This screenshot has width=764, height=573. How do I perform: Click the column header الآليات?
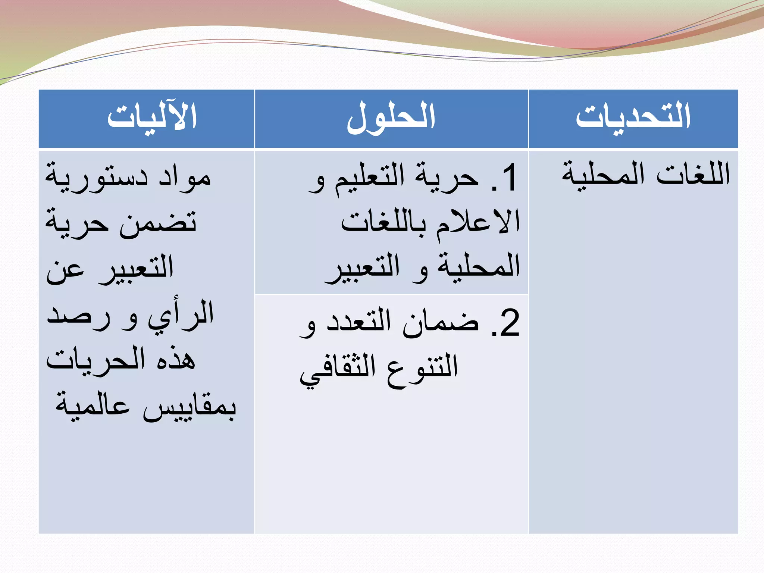coord(152,117)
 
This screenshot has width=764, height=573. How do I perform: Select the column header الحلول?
coord(391,117)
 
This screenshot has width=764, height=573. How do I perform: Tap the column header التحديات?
coord(633,117)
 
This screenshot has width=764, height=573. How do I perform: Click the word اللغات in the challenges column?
coord(693,175)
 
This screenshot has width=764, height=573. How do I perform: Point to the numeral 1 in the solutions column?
coord(509,178)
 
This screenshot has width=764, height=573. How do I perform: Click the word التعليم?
coord(369,177)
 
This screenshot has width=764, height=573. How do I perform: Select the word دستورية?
coord(97,177)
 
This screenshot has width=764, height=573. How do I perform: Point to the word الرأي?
coord(181,315)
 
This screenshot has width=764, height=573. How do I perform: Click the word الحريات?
coord(95,360)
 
